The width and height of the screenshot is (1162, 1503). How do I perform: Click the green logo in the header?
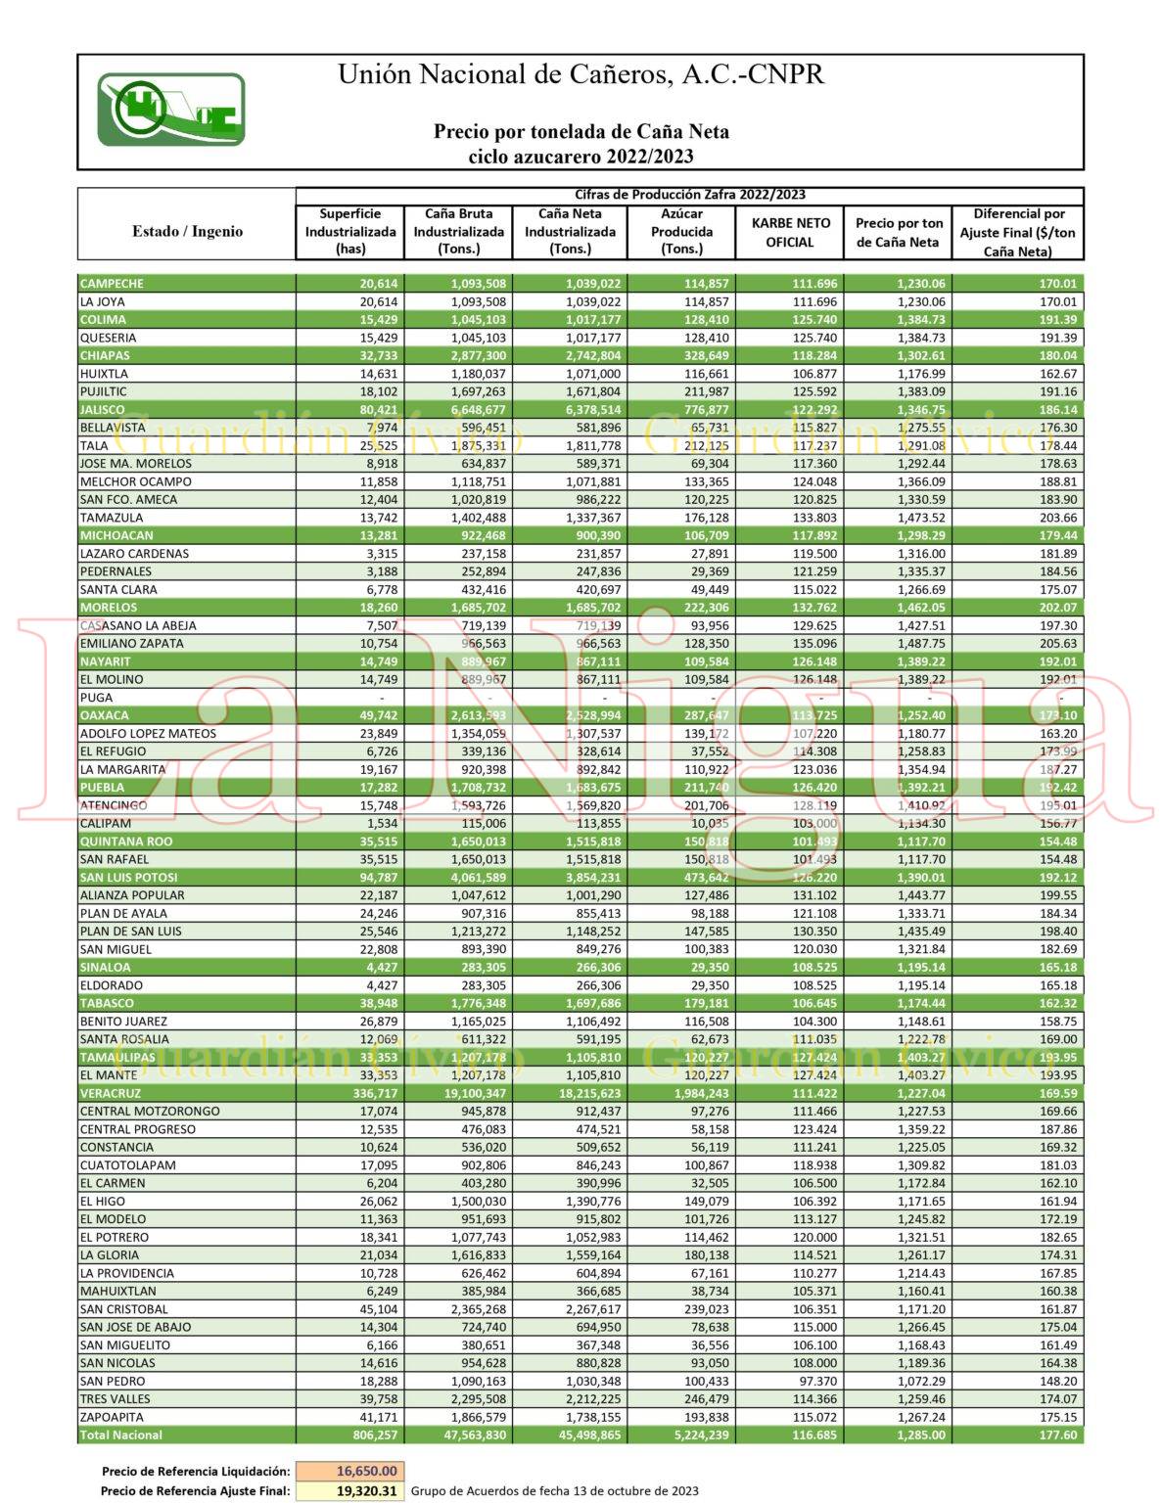170,110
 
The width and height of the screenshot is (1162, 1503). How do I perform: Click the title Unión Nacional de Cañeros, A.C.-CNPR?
581,74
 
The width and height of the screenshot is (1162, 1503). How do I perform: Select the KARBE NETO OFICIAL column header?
789,232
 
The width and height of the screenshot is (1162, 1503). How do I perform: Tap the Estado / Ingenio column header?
187,232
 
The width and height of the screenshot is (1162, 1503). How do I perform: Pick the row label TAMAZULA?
112,518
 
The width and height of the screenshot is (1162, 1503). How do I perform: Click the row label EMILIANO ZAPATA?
131,643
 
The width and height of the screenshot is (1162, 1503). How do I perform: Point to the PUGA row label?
96,698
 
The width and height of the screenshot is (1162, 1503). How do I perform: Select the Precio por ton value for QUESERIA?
921,338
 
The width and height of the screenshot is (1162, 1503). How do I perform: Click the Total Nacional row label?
121,1435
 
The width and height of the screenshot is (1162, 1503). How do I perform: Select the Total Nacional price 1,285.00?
921,1435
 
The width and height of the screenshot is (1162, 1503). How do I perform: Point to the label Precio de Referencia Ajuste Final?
195,1491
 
